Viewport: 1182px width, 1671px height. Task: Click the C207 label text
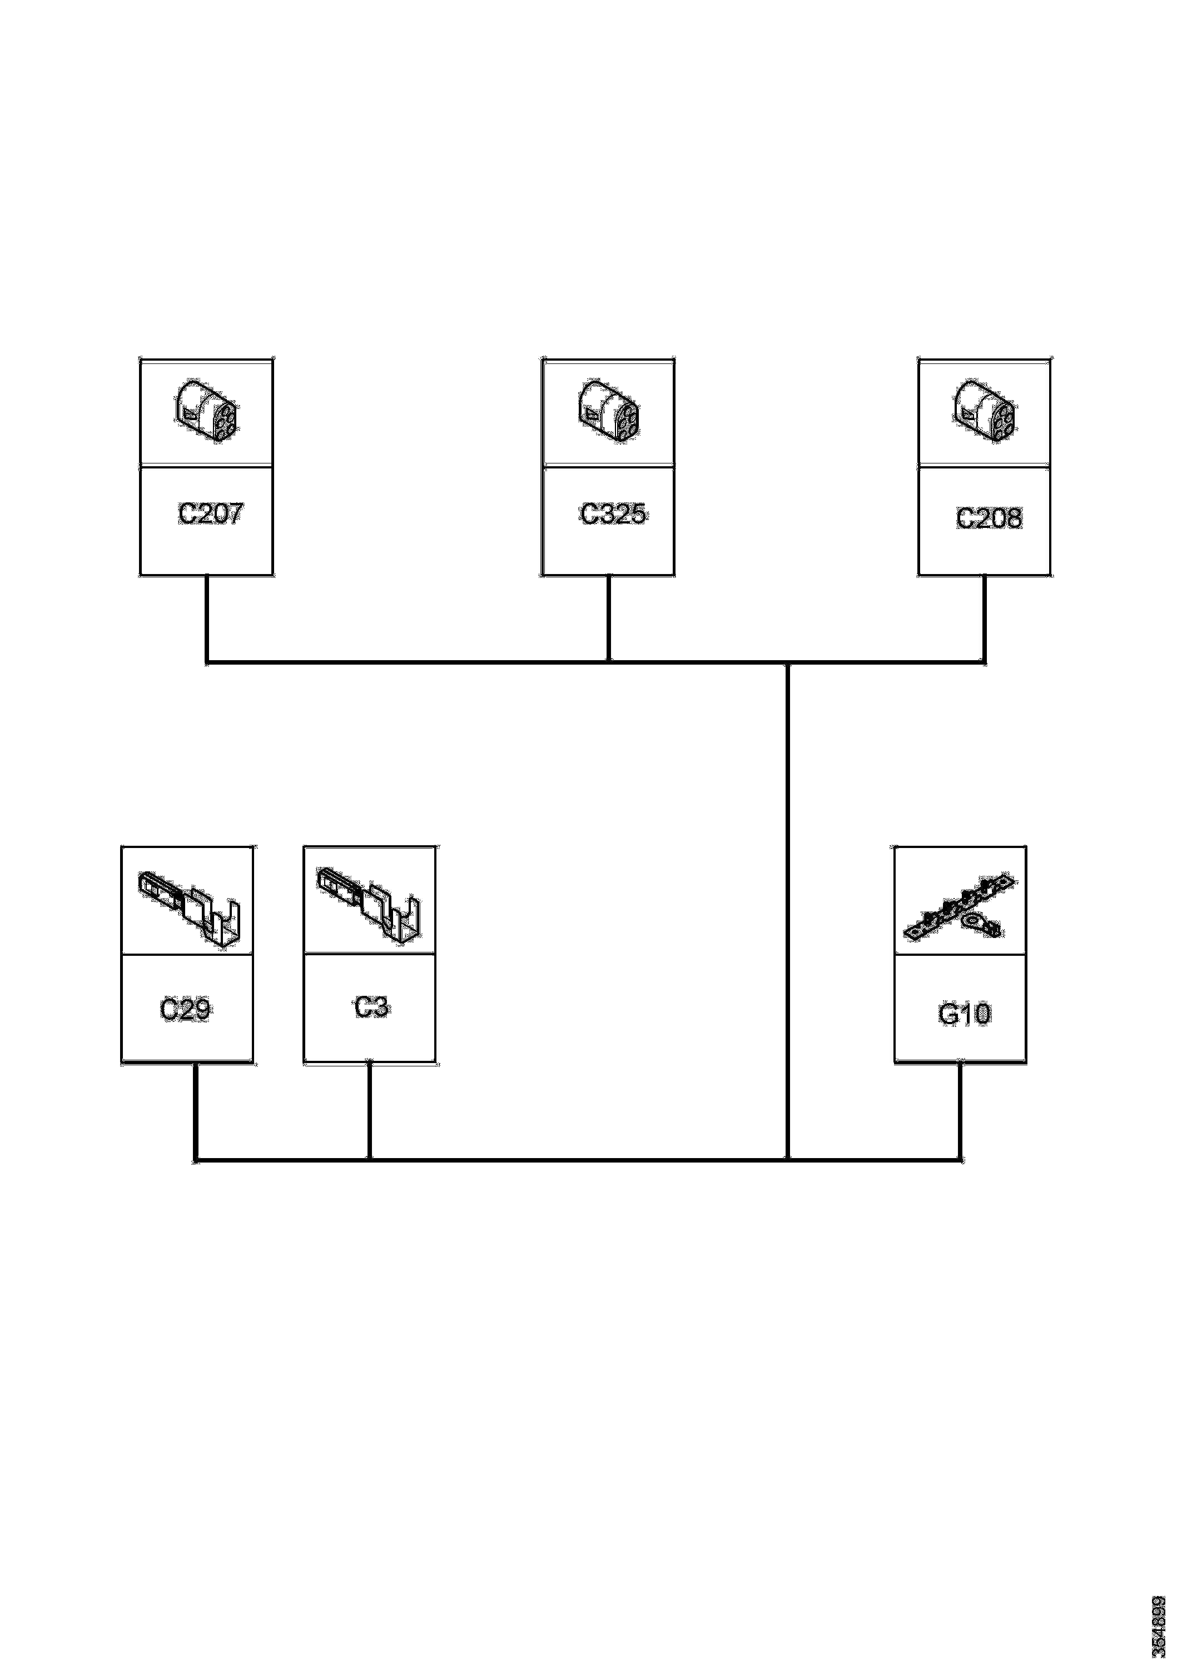(x=211, y=515)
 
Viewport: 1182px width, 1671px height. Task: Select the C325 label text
(x=613, y=515)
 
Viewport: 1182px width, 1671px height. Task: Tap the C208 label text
(x=989, y=518)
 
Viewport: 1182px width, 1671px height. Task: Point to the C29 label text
(x=185, y=1010)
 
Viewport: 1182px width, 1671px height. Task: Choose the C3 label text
(x=371, y=1007)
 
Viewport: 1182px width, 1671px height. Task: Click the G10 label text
(x=964, y=1014)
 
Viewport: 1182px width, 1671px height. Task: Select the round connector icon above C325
(x=609, y=411)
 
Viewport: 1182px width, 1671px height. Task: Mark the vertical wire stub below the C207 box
(x=207, y=618)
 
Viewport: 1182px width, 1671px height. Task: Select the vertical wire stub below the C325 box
(x=609, y=618)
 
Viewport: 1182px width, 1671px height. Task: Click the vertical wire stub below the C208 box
(x=985, y=618)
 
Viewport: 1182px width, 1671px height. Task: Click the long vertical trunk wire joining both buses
(x=788, y=910)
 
